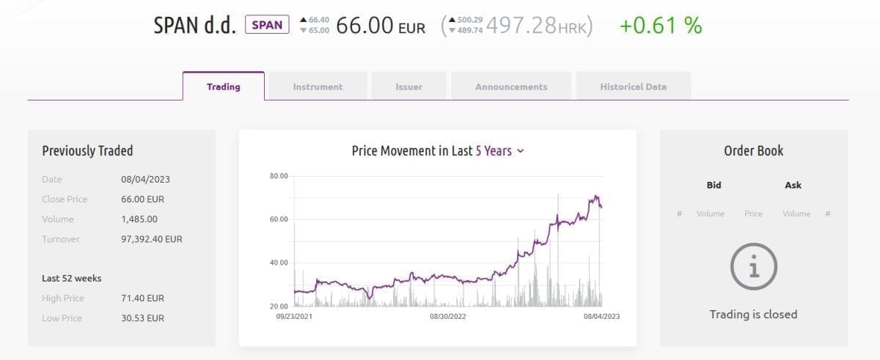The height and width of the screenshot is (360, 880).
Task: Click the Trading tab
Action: [223, 87]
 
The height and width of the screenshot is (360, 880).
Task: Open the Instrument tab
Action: [318, 87]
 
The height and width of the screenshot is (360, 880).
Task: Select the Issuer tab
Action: [408, 87]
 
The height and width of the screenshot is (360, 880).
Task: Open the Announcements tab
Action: [511, 87]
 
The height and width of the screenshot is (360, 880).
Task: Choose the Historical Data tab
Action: [633, 87]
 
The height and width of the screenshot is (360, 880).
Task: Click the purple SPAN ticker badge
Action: [267, 25]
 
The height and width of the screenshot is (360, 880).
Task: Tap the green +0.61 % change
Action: [660, 26]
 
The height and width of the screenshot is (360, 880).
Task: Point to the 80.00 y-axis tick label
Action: [279, 176]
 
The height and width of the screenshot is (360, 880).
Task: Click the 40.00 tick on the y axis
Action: [279, 262]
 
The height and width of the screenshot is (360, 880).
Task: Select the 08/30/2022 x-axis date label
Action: [448, 317]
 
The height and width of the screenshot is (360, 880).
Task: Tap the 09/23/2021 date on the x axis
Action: [294, 317]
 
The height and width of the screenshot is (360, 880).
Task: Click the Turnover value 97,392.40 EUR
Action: [152, 239]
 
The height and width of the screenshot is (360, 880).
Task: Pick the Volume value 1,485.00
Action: [139, 219]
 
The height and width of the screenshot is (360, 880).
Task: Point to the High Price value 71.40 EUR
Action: [142, 298]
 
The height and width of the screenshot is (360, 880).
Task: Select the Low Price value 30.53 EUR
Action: [142, 318]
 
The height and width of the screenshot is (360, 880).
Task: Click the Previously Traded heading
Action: [87, 151]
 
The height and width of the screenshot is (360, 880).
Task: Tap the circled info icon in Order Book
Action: [753, 266]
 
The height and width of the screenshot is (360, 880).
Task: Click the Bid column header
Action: [714, 185]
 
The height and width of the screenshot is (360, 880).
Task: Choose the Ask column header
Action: [793, 185]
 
